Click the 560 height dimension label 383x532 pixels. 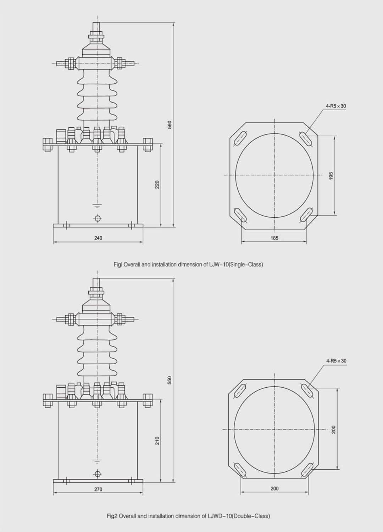[x=170, y=125]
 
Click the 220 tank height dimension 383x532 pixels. [x=157, y=184]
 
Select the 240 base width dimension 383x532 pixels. [x=98, y=238]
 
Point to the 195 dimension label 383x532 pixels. [x=331, y=176]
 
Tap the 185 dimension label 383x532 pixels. [x=274, y=238]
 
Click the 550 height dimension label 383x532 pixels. [x=170, y=380]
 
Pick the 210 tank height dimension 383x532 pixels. [x=157, y=440]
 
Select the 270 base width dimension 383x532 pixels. [x=98, y=489]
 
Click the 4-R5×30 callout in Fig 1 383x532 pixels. [x=336, y=106]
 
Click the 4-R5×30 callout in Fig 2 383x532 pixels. [x=336, y=361]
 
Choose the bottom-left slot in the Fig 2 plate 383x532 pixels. [x=241, y=470]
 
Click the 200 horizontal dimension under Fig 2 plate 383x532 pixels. [x=274, y=489]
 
